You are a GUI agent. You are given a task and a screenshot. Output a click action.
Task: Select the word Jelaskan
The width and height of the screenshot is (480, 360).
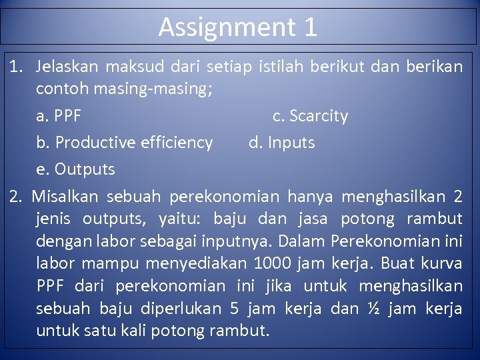pos(67,67)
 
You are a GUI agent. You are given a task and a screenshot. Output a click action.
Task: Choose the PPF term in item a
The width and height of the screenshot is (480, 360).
pos(67,116)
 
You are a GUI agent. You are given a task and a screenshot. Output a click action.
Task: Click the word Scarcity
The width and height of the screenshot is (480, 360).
pos(319,116)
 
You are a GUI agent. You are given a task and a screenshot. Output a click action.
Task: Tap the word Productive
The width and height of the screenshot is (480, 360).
pos(98,143)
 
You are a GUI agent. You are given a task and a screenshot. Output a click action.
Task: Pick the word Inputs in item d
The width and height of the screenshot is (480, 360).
pos(291,143)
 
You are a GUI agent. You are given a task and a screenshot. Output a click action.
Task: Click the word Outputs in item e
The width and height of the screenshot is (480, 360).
pos(85,169)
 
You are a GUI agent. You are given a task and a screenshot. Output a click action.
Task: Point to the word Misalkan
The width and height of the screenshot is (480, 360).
pos(65,197)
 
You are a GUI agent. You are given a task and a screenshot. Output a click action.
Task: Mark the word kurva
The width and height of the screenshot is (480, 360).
pos(441,263)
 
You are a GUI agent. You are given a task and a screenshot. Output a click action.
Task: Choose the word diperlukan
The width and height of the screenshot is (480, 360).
pos(173,309)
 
